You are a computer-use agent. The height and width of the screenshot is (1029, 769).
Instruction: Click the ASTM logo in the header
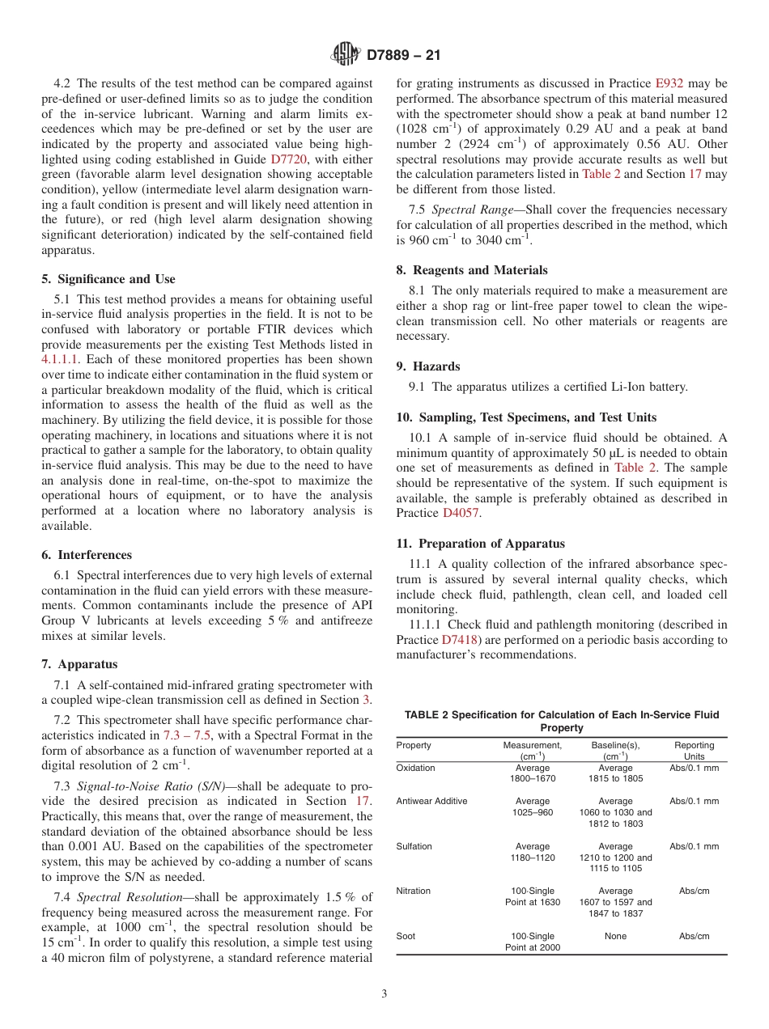[x=346, y=56]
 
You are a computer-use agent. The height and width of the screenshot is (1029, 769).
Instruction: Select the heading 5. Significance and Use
[x=108, y=279]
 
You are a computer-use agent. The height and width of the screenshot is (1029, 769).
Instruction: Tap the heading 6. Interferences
[x=87, y=555]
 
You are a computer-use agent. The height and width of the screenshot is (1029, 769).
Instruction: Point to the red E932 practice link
[x=669, y=83]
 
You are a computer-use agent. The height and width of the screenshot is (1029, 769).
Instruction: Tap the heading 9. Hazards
[x=427, y=366]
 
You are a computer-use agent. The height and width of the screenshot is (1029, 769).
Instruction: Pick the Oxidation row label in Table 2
[x=415, y=768]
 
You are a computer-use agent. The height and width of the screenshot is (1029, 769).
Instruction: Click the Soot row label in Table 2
[x=406, y=936]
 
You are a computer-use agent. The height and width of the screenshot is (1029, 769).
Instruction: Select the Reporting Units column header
[x=694, y=751]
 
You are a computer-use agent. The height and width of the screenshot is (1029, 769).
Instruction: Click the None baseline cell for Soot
[x=615, y=936]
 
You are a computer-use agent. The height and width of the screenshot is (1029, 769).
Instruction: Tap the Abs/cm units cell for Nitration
[x=694, y=891]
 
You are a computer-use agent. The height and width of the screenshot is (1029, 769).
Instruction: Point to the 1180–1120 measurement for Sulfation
[x=532, y=857]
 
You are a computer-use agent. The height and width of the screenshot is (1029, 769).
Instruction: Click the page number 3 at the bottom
[x=384, y=993]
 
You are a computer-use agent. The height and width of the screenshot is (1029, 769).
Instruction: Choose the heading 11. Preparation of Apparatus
[x=480, y=544]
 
